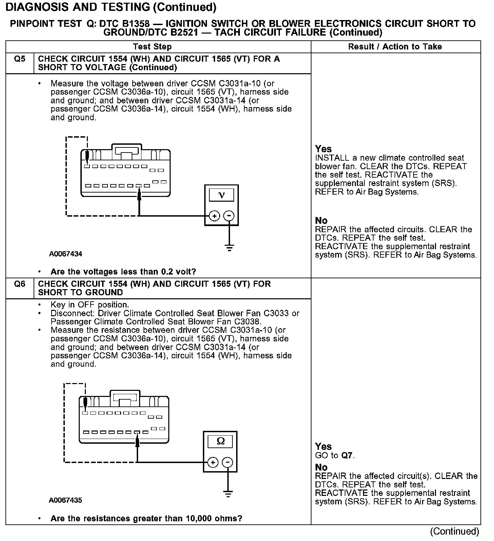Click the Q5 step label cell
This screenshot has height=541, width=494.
pyautogui.click(x=20, y=59)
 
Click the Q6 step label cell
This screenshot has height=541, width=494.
pyautogui.click(x=20, y=284)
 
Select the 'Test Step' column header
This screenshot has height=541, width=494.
pyautogui.click(x=152, y=47)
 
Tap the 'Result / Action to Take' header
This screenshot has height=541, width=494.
pyautogui.click(x=395, y=47)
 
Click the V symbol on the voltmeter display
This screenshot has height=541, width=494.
pyautogui.click(x=222, y=195)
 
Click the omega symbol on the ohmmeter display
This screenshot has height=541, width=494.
pyautogui.click(x=221, y=441)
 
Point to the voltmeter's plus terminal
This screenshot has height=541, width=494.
pyautogui.click(x=214, y=216)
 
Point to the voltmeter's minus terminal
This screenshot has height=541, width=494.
pyautogui.click(x=230, y=216)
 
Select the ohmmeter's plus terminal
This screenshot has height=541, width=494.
pyautogui.click(x=213, y=462)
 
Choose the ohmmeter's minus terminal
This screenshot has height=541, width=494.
pyautogui.click(x=228, y=462)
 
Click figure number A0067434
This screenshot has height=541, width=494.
pyautogui.click(x=65, y=254)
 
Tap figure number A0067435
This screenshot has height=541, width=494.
pyautogui.click(x=65, y=500)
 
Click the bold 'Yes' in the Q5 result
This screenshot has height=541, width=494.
pyautogui.click(x=323, y=149)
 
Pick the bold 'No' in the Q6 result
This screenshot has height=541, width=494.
pyautogui.click(x=321, y=467)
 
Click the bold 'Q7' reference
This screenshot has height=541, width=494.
pyautogui.click(x=347, y=455)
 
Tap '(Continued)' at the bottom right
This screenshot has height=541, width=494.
pyautogui.click(x=454, y=531)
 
